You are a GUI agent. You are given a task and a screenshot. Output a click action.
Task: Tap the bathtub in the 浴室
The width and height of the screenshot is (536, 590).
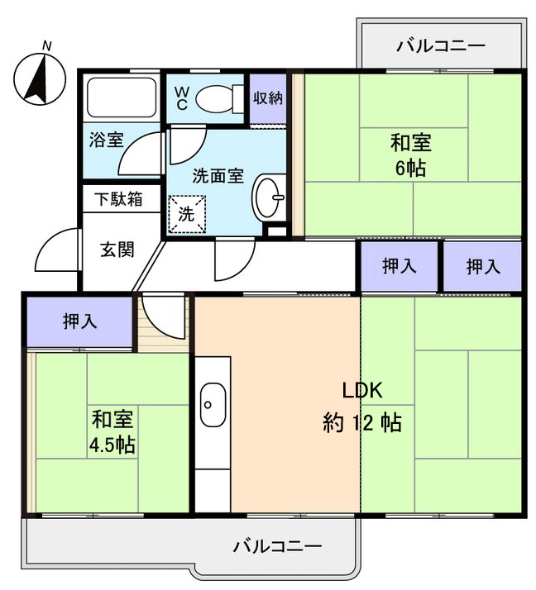click(x=122, y=99)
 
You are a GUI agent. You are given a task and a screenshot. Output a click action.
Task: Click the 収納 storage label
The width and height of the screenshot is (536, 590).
click(x=268, y=98)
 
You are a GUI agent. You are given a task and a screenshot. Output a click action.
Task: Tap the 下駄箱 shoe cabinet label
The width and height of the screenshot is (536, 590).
click(x=117, y=199)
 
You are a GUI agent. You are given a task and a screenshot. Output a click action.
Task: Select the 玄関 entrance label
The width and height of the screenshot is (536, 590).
click(x=117, y=250)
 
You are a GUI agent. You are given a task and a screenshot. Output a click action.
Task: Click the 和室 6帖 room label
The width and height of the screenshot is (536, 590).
click(x=410, y=155)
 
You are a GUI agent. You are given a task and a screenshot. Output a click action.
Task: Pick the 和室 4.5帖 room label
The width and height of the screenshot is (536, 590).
click(x=112, y=431)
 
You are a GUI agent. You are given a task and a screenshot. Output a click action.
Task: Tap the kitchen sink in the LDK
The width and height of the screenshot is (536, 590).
click(x=213, y=405)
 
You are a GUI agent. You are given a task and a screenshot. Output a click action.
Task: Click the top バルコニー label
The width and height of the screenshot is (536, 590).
click(x=441, y=45)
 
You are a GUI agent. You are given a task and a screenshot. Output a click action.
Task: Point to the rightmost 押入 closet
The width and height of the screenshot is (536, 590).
click(x=482, y=266)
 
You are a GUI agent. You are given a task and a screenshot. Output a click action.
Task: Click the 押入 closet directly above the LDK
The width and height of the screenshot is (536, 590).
click(x=400, y=266)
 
